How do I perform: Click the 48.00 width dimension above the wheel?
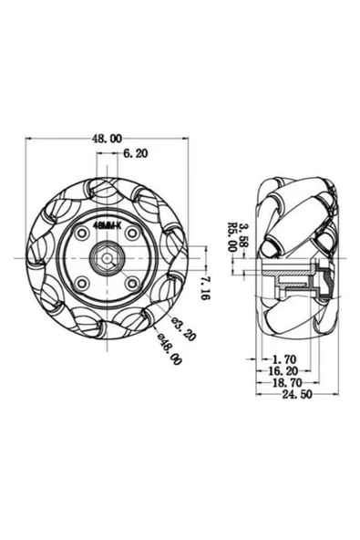pos(106,139)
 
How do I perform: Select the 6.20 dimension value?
pos(135,156)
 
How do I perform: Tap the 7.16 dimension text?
pos(205,288)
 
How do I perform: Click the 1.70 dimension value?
pos(283,360)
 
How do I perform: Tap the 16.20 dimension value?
pos(284,372)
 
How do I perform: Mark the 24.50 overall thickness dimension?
pos(296,396)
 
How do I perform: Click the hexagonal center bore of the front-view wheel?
pos(107,259)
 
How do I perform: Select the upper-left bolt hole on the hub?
pos(82,234)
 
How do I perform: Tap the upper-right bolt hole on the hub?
pos(131,234)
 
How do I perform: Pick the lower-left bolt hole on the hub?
pos(82,284)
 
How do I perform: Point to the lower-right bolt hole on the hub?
pos(131,284)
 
